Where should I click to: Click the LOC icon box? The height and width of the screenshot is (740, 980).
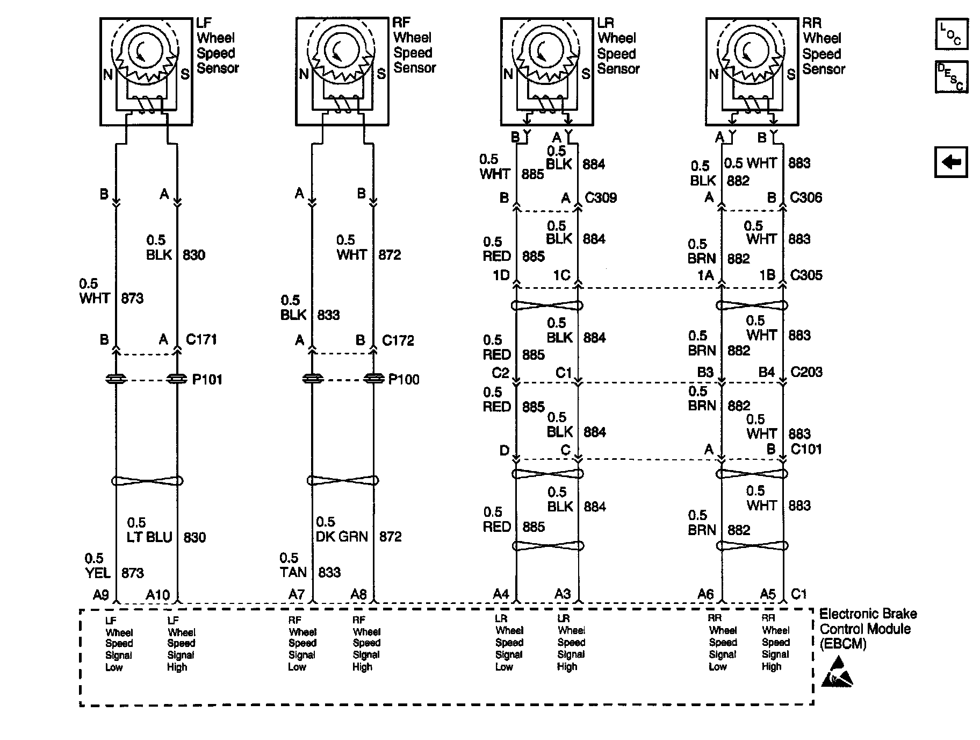click(952, 34)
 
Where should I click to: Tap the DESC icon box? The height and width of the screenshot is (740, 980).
click(952, 76)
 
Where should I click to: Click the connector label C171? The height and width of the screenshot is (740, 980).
click(201, 339)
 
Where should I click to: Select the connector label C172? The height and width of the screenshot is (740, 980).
click(398, 340)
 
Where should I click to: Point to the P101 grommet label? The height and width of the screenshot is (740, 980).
click(207, 380)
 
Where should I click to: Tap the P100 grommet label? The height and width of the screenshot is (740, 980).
click(403, 380)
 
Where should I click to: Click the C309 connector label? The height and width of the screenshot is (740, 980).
click(601, 198)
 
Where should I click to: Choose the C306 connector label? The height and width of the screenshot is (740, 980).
click(806, 197)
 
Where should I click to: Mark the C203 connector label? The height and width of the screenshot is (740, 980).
click(806, 372)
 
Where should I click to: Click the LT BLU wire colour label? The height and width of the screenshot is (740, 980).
click(149, 537)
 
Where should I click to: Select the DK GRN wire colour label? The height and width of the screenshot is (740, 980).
click(342, 537)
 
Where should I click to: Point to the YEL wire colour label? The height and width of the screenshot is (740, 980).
click(98, 573)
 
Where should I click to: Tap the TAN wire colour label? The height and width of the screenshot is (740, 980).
click(293, 572)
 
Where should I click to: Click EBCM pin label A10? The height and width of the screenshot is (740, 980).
click(158, 595)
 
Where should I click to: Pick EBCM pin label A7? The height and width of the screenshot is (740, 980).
click(297, 594)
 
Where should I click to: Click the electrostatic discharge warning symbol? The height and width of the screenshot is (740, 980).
click(837, 672)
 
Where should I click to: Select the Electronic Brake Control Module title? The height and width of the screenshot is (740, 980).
click(868, 629)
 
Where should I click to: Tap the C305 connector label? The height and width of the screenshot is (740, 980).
click(806, 275)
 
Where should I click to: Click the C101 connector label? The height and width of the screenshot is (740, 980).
click(806, 449)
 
